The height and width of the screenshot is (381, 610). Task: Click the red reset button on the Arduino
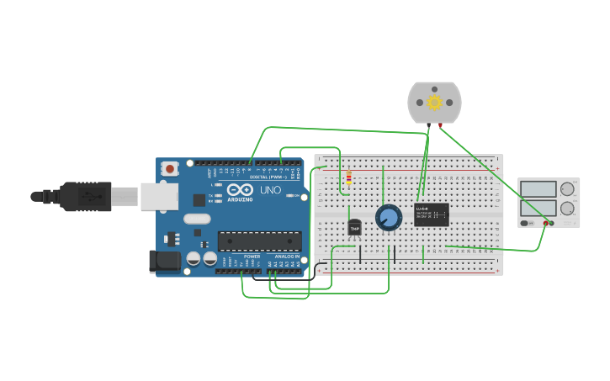(170, 168)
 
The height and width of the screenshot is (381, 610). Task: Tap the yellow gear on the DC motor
(434, 102)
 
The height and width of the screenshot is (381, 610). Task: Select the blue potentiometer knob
(388, 218)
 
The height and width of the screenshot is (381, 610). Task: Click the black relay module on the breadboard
(431, 214)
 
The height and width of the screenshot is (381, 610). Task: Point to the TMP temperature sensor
(354, 227)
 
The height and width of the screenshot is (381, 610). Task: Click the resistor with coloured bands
(348, 178)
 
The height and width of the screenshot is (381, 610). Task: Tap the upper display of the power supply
(538, 188)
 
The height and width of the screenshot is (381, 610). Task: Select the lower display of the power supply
(538, 208)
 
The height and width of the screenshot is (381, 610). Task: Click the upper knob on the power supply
(567, 188)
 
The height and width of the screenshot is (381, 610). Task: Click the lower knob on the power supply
(567, 208)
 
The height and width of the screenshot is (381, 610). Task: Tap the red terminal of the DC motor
(440, 125)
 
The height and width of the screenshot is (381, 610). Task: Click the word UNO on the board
(270, 190)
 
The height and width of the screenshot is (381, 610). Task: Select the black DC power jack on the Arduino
(165, 261)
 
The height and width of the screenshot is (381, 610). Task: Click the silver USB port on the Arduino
(159, 197)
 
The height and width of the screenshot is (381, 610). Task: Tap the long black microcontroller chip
(259, 241)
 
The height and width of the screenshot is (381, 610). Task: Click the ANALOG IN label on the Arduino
(286, 256)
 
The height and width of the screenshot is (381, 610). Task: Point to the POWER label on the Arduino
(252, 256)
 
